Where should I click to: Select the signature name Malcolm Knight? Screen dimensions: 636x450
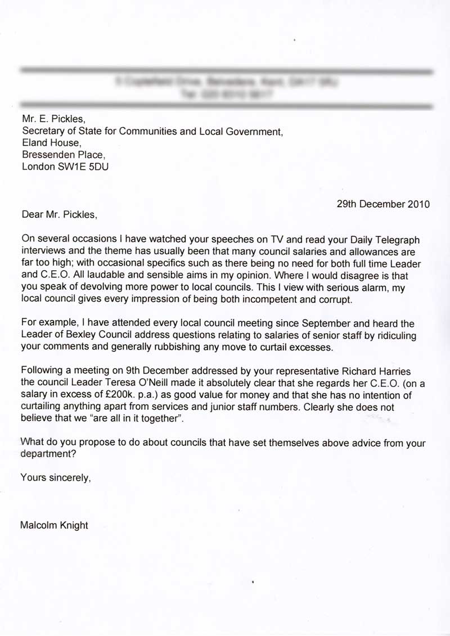[x=54, y=526]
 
